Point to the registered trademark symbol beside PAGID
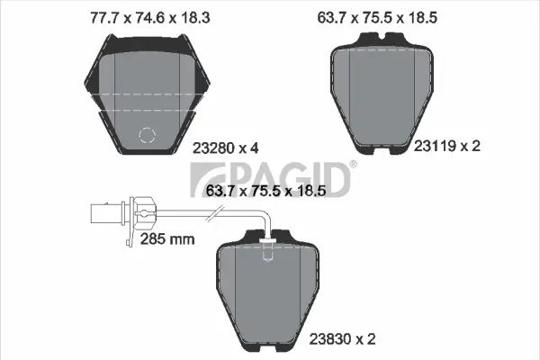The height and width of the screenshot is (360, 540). (352, 166)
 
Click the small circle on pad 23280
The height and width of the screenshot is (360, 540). (145, 137)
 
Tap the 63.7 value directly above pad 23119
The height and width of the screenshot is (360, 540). (348, 15)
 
